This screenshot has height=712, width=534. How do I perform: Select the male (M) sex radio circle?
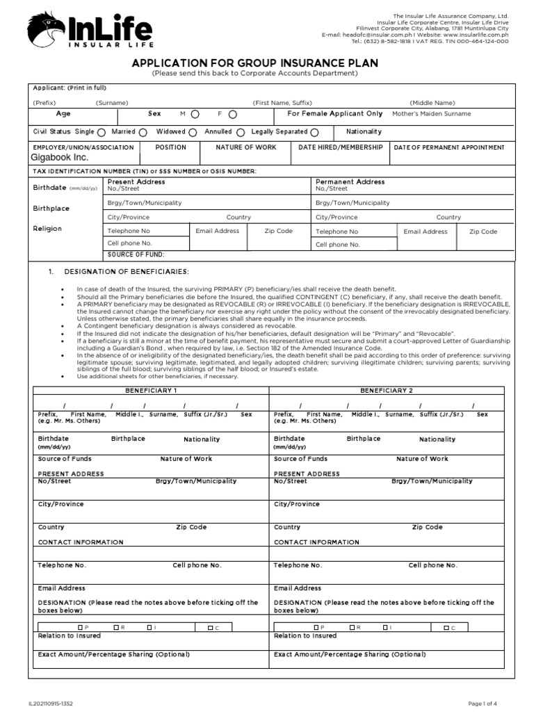click(195, 114)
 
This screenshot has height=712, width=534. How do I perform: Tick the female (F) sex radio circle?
click(232, 114)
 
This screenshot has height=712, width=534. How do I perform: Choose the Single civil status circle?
click(102, 132)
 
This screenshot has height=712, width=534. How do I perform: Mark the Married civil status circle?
click(143, 132)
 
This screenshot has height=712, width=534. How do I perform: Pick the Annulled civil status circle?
click(240, 132)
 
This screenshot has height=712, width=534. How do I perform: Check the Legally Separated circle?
click(315, 132)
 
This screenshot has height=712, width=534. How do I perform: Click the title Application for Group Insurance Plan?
click(255, 63)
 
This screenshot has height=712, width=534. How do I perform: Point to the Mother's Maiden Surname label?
click(431, 114)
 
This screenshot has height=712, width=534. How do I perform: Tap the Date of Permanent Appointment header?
click(449, 148)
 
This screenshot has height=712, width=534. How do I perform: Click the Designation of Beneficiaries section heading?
click(126, 271)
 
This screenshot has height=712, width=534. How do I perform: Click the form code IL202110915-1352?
click(51, 703)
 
